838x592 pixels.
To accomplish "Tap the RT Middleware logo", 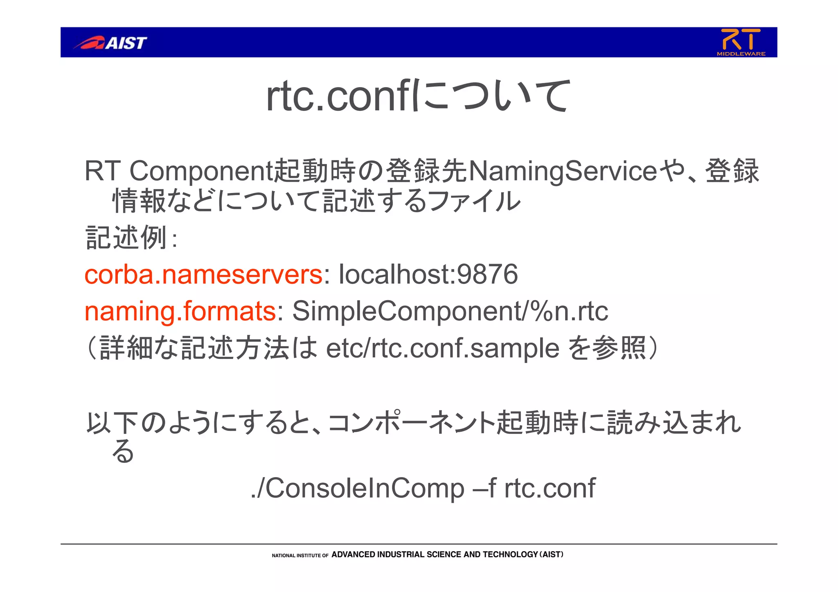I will (x=741, y=42).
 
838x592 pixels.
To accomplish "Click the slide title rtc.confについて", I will (x=417, y=96).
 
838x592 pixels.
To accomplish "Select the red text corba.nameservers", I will (x=203, y=274).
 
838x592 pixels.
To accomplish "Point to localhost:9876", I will (x=428, y=274).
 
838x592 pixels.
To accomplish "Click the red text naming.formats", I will (x=180, y=311).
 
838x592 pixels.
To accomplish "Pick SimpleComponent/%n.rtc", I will (x=450, y=311).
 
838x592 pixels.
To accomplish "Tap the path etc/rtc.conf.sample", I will (x=442, y=348).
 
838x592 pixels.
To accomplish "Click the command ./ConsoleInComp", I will (x=357, y=488).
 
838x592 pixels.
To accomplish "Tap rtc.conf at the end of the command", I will (x=550, y=488).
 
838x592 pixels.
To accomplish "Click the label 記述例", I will (x=126, y=238).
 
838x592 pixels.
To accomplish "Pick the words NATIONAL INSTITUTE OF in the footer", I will (x=300, y=556).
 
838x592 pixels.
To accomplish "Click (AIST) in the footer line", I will (x=552, y=555).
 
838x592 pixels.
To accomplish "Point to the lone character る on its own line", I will (x=123, y=451).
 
